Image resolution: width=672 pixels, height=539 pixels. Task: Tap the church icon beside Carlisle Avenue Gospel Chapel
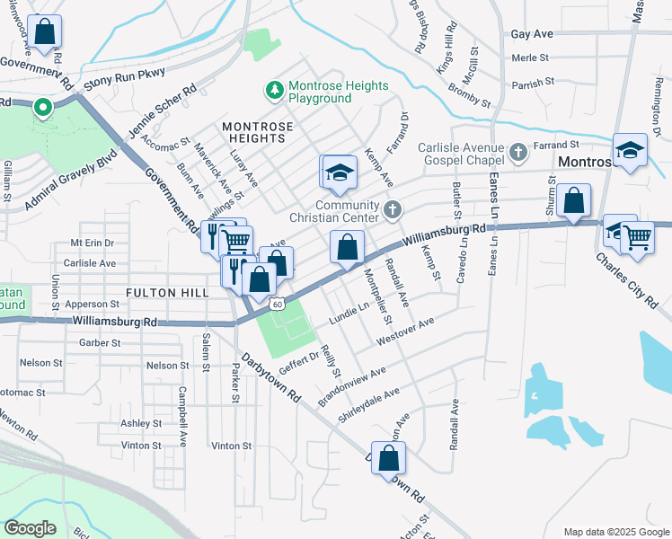click(518, 154)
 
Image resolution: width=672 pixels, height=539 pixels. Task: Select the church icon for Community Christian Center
click(391, 210)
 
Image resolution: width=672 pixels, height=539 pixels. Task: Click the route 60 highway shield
click(280, 304)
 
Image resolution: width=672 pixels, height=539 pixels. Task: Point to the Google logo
click(30, 528)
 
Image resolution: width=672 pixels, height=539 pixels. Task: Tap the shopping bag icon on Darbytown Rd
click(387, 457)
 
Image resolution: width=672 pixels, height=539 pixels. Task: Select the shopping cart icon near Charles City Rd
click(637, 238)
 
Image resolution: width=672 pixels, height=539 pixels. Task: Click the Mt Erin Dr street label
click(93, 243)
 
